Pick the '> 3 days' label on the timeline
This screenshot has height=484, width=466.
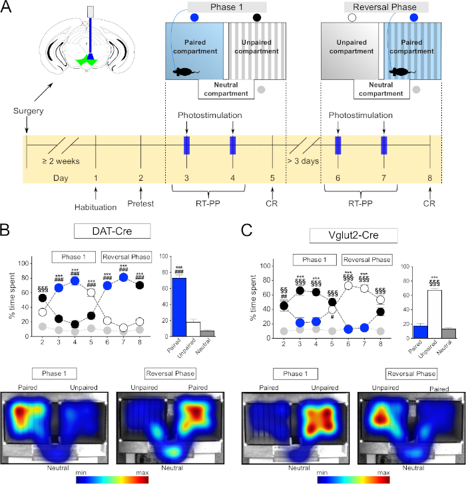[x=302, y=161]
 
